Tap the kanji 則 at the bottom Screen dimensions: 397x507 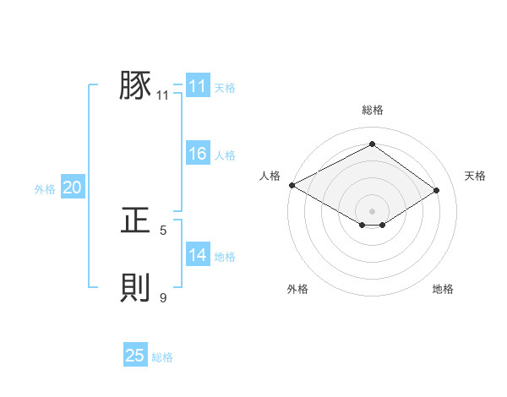135,288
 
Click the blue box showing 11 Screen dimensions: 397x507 198,86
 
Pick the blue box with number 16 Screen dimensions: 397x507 198,154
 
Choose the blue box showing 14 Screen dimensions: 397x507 198,255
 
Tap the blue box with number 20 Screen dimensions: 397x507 73,188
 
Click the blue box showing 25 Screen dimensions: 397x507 135,356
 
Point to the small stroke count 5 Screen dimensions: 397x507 163,231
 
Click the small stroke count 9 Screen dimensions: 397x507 163,298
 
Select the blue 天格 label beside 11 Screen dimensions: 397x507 225,87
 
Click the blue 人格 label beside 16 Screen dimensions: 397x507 225,155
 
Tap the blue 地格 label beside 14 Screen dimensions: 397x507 225,257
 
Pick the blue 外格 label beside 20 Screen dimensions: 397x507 45,189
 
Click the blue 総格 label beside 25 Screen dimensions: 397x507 162,357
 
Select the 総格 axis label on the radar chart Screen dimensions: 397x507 372,110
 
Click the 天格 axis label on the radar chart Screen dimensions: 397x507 475,176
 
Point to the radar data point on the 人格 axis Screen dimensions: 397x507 292,184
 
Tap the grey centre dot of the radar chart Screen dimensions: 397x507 372,210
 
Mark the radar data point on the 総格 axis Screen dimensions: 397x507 372,144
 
